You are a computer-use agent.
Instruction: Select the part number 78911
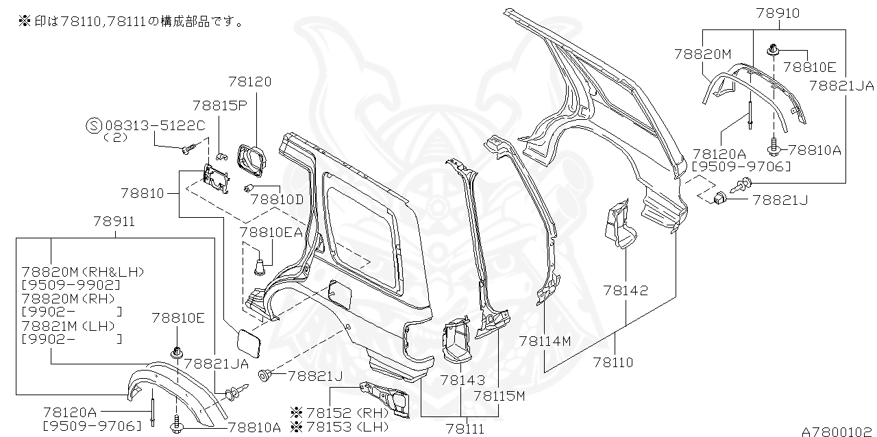click(114, 222)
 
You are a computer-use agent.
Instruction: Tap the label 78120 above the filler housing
click(250, 82)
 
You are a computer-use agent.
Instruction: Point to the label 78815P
click(219, 105)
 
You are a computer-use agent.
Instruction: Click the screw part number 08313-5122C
click(155, 125)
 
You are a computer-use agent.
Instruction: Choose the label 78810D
click(276, 199)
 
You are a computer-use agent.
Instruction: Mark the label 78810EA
click(271, 232)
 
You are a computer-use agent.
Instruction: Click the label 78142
click(626, 290)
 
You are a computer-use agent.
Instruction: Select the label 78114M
click(545, 340)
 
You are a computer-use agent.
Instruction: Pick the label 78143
click(462, 379)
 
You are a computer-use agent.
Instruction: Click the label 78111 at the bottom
click(465, 429)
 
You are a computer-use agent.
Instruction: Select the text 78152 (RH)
click(347, 412)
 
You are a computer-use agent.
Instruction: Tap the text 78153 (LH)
click(347, 426)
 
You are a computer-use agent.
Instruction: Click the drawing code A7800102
click(838, 432)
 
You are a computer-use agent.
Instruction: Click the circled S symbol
click(94, 125)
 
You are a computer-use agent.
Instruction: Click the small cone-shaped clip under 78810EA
click(260, 263)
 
